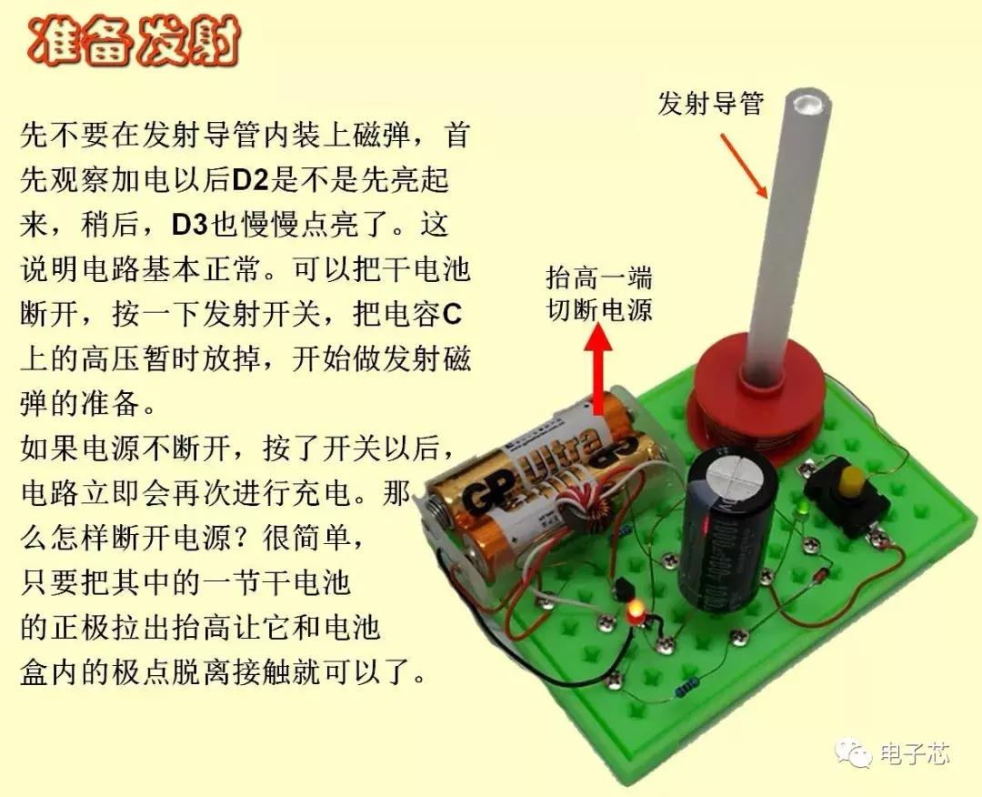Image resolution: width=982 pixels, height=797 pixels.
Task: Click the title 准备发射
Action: (x=135, y=44)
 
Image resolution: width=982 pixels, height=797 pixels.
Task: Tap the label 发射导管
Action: (x=710, y=105)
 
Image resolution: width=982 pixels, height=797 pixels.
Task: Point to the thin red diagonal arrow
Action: (x=744, y=165)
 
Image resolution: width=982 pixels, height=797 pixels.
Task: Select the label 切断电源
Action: (x=598, y=310)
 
